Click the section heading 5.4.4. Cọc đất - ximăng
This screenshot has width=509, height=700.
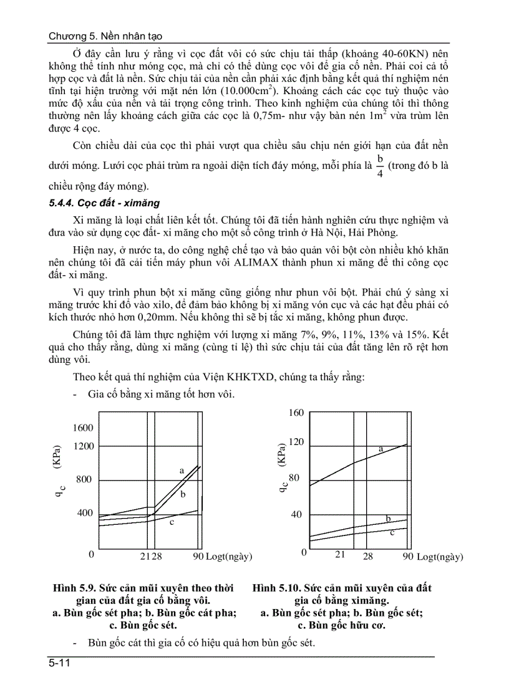(x=105, y=203)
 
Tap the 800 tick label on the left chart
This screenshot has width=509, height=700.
(x=84, y=479)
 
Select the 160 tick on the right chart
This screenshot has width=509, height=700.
(x=296, y=413)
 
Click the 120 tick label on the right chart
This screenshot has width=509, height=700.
(x=296, y=442)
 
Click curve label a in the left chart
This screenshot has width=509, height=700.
(x=182, y=471)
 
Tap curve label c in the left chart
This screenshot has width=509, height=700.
(x=172, y=522)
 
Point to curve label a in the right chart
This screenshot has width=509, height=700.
(x=381, y=448)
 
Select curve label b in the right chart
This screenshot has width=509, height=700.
(x=388, y=518)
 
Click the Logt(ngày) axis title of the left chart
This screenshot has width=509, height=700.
(x=229, y=556)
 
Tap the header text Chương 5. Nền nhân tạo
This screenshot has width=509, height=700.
(x=105, y=37)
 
